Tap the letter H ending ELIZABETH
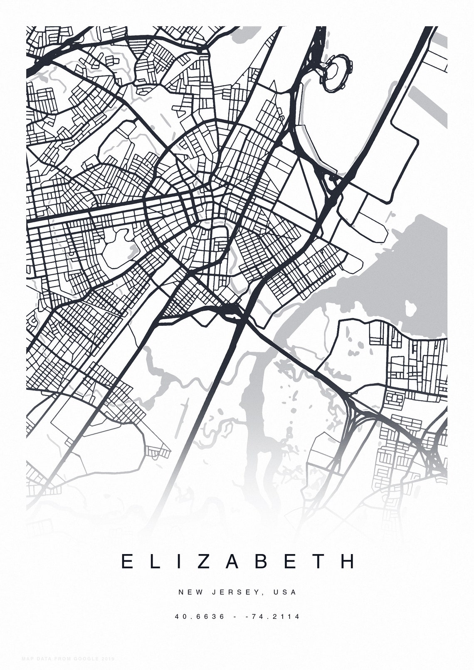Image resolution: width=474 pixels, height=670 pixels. (348, 561)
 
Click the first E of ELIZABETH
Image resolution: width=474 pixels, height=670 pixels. (126, 561)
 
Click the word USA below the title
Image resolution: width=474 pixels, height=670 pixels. (285, 592)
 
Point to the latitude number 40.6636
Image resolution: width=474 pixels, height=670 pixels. (200, 616)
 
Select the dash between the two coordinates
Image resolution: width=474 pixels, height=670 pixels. (236, 616)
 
